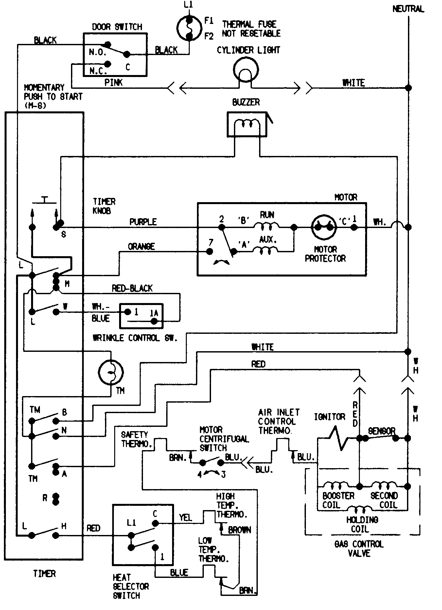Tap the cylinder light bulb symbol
pos(246,69)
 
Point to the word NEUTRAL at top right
pos(408,9)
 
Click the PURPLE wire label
pos(143,222)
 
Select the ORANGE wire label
pos(141,246)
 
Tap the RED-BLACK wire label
pos(132,288)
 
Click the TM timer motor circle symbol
pos(111,372)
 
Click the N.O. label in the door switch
pos(97,52)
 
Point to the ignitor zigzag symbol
pos(337,438)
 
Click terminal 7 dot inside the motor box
pos(210,251)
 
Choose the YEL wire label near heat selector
pos(185,517)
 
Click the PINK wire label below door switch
pos(113,83)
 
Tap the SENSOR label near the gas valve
pos(381,431)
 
